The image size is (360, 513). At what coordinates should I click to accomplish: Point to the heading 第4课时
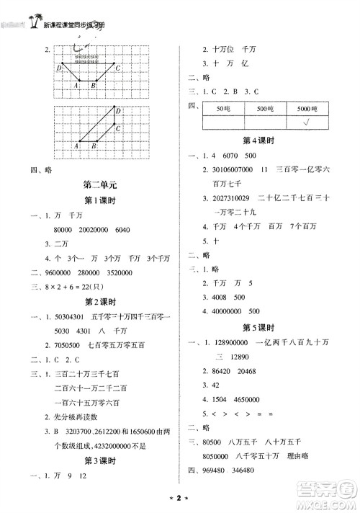point(260,140)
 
